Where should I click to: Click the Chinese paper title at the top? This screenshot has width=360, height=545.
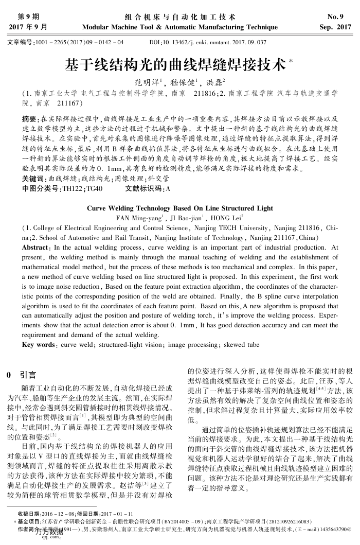tap(175, 65)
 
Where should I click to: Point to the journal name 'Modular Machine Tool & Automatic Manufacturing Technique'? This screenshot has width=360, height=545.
tap(179, 26)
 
